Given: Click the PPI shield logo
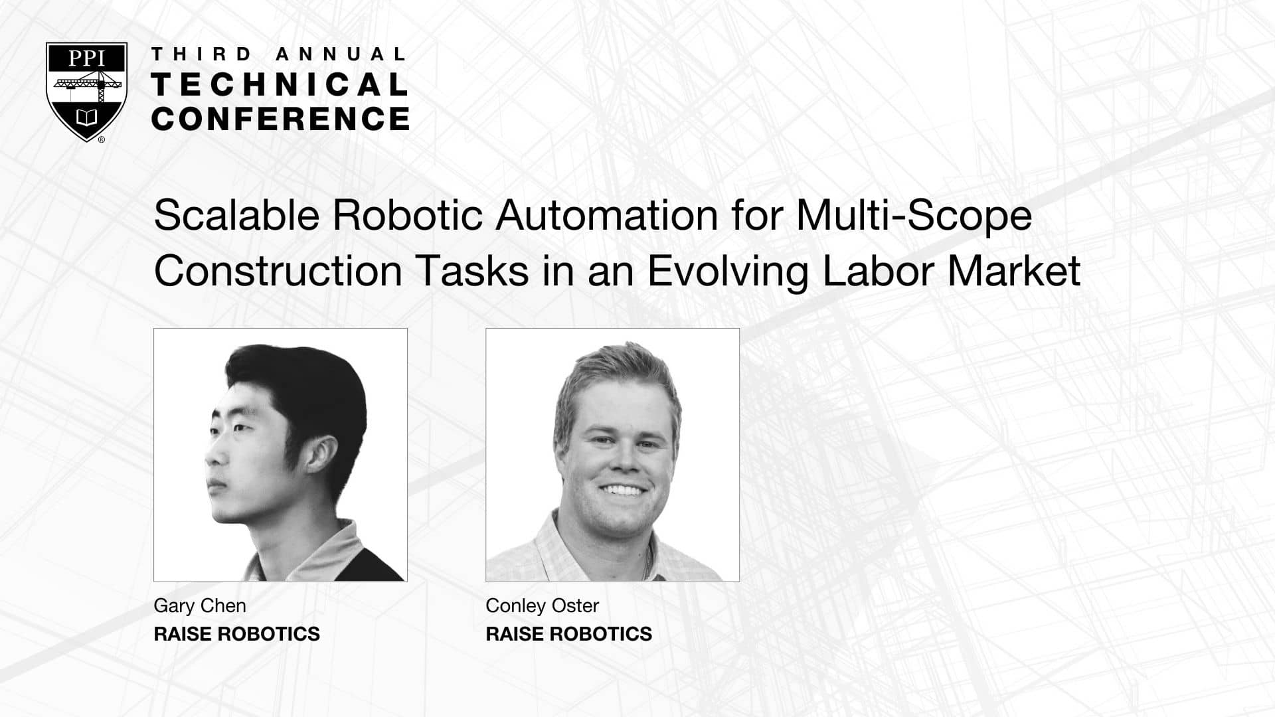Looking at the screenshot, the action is [86, 92].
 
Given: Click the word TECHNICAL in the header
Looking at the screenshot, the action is [280, 85].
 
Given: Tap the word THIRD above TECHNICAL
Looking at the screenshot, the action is [202, 54].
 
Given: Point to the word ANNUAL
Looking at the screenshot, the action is [340, 54].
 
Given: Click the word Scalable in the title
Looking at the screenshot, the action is [236, 215].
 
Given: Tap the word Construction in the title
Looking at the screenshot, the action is [278, 271].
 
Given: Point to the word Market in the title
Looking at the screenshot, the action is [1014, 271].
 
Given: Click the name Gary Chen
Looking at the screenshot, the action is [200, 605].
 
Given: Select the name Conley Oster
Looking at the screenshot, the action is [543, 605].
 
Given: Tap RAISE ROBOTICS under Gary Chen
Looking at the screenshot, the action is [237, 634].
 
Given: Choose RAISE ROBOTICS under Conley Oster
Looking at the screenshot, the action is [569, 634].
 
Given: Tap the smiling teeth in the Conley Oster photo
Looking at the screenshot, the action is [622, 491].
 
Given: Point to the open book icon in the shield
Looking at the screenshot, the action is [87, 118].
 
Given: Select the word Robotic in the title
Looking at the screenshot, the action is [407, 215].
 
